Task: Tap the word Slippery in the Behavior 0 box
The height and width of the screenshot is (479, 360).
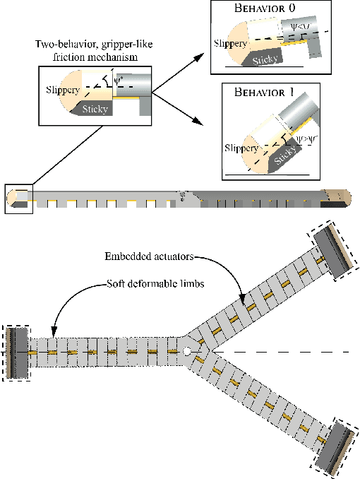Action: [229, 44]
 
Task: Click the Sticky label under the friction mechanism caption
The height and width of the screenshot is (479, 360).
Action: [95, 110]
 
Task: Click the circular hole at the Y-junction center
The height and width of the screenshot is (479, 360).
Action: [186, 351]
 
